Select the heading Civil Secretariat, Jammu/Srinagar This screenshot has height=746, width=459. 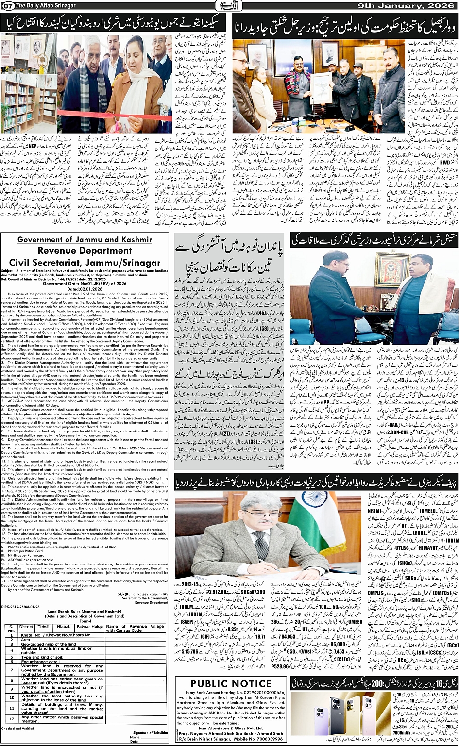click(x=85, y=262)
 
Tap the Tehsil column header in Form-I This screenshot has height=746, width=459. click(x=44, y=626)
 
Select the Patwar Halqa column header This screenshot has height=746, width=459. click(x=91, y=626)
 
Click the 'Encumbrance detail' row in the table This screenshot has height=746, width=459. click(x=41, y=661)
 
